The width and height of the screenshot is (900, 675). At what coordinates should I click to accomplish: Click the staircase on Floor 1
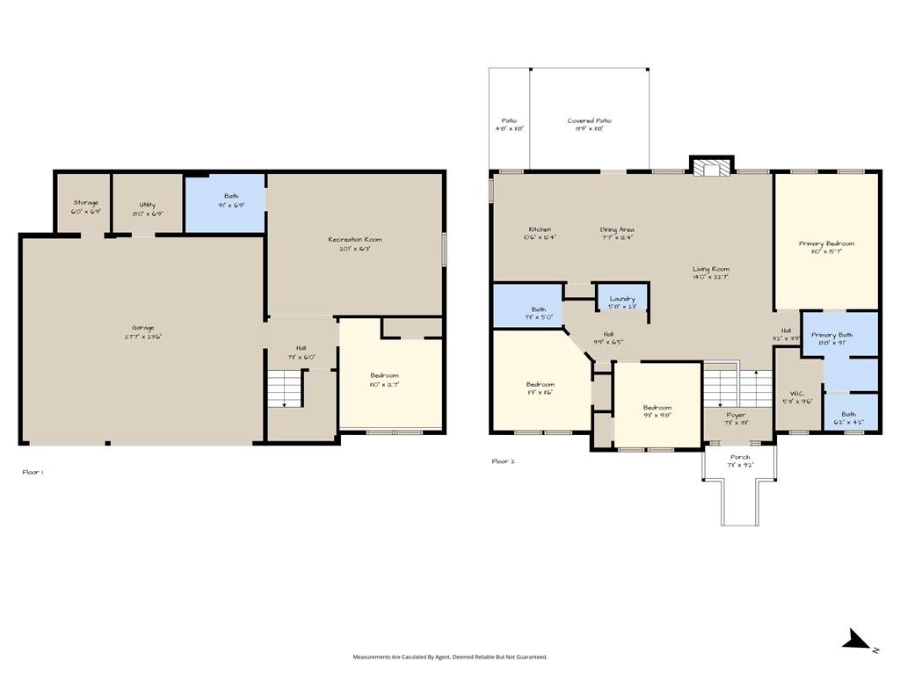point(286,388)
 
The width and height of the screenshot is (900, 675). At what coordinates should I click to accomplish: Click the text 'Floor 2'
point(503,461)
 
